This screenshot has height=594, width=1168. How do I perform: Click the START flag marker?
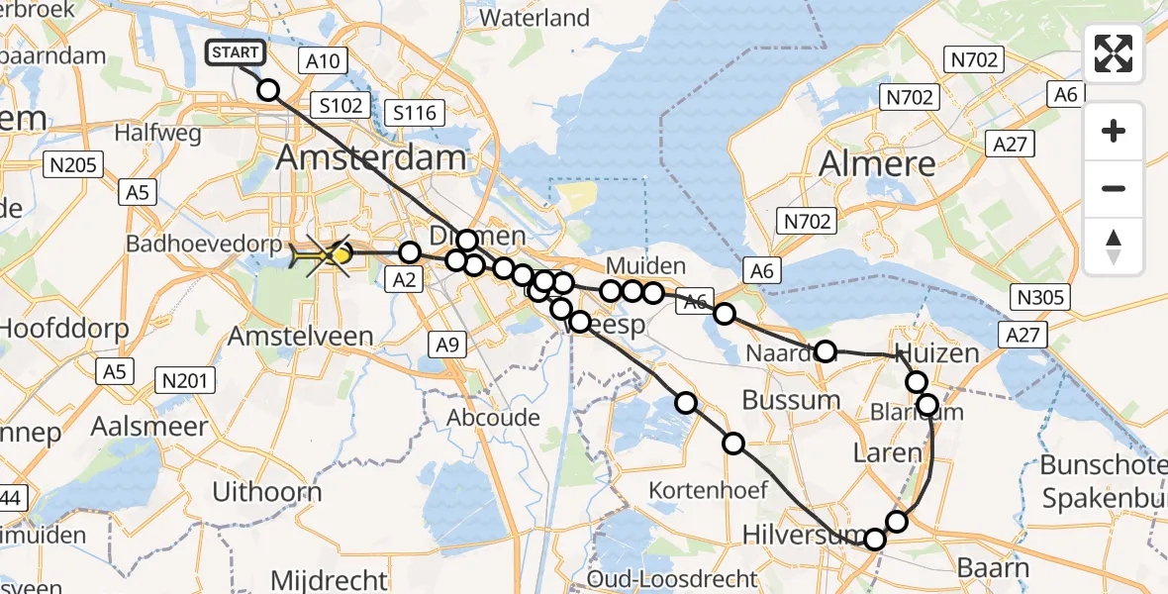coord(235,52)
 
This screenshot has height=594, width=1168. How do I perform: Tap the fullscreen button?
coord(1114,53)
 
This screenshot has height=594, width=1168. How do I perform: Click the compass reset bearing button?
coord(1114,247)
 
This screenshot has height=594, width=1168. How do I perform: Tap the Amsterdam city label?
coord(371,156)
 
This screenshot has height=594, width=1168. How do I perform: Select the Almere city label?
coord(878,163)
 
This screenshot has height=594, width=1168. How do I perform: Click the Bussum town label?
coord(791,400)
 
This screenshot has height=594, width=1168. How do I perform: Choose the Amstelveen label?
coord(301,336)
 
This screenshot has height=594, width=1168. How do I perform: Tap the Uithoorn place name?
coord(267,492)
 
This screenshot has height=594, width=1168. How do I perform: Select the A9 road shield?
coord(445,344)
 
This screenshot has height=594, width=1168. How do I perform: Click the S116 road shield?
coord(414,113)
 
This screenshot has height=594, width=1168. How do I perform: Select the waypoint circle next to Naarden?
coord(825,350)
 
